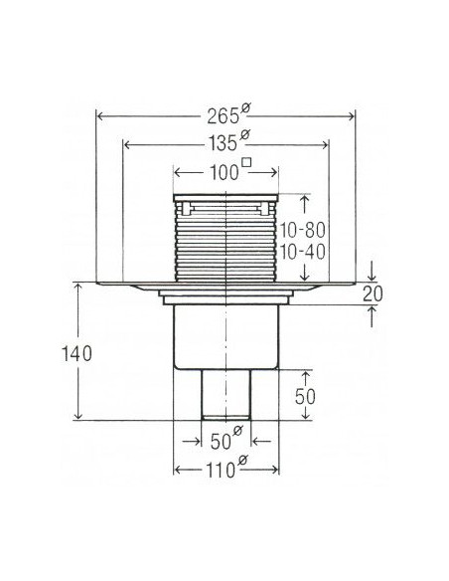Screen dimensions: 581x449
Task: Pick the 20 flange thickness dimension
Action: point(373,293)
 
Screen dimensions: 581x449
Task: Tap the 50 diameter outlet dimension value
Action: point(218,439)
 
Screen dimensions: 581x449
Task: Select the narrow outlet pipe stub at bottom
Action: point(227,396)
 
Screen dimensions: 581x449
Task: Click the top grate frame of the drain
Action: point(227,200)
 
